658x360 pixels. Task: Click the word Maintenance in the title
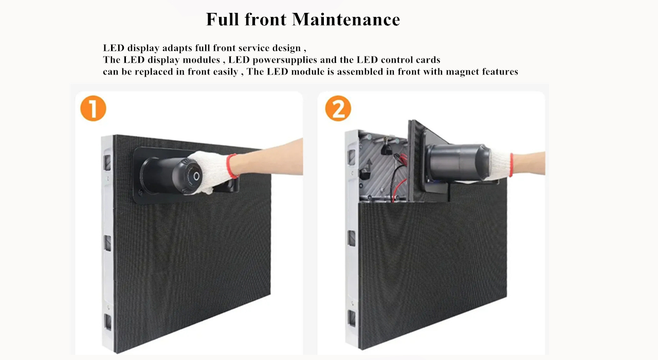(x=346, y=20)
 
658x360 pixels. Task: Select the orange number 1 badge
(x=93, y=109)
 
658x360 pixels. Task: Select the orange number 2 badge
(x=338, y=109)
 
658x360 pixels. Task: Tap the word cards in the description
(x=426, y=60)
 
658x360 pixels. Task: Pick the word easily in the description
(x=225, y=72)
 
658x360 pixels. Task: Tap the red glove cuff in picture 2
(x=510, y=165)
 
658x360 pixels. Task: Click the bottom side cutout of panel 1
(x=108, y=321)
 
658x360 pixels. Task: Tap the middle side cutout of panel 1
(x=107, y=243)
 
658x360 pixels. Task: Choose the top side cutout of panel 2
(x=352, y=156)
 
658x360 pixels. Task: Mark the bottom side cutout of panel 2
(x=352, y=318)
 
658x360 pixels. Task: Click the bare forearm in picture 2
(x=529, y=163)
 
